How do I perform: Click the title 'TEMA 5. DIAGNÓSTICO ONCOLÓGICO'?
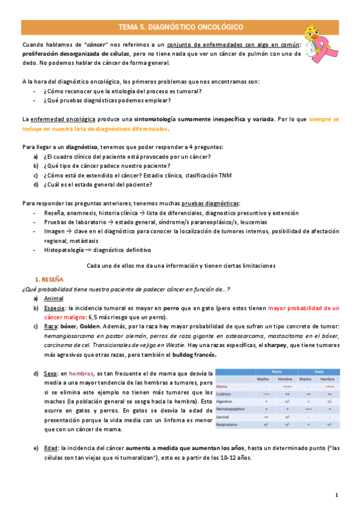tap(180, 27)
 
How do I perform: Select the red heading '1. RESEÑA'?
tap(53, 280)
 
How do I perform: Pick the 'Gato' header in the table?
tap(320, 372)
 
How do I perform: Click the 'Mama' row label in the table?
tap(222, 387)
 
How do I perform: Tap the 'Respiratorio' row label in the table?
tap(228, 423)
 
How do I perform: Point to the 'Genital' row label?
tap(223, 416)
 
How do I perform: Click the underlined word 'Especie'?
tap(55, 308)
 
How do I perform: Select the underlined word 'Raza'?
tap(52, 327)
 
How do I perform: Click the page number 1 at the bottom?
tap(337, 495)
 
